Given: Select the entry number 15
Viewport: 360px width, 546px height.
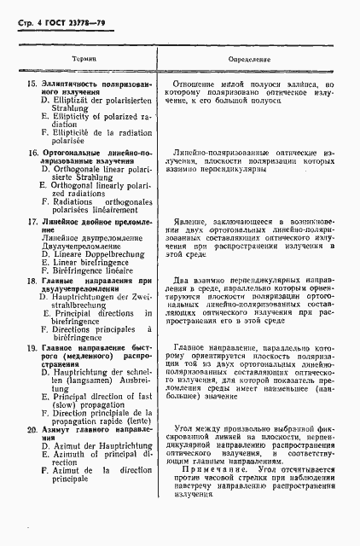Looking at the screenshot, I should (32, 84).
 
